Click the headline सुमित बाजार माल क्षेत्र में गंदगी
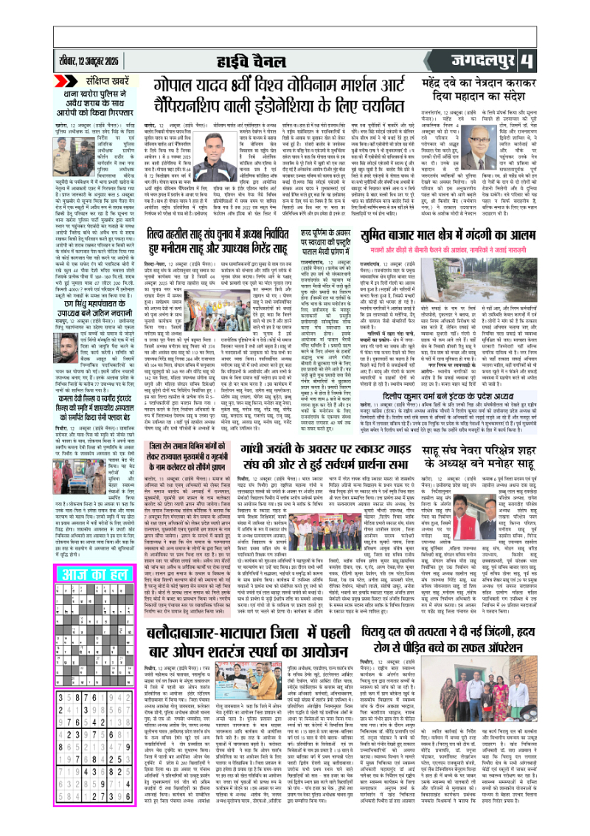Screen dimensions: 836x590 [x=464, y=236]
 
